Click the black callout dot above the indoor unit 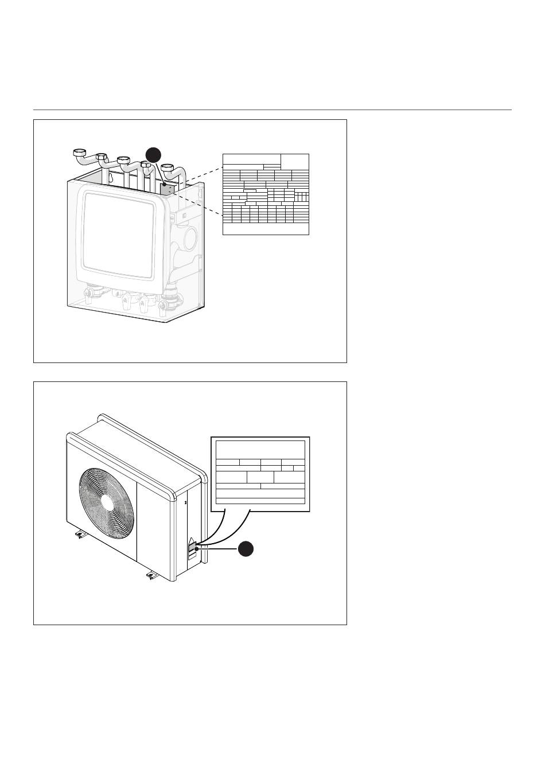[x=153, y=155]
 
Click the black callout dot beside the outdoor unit [x=246, y=549]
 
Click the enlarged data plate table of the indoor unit [x=266, y=194]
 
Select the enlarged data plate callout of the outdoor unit [x=260, y=474]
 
